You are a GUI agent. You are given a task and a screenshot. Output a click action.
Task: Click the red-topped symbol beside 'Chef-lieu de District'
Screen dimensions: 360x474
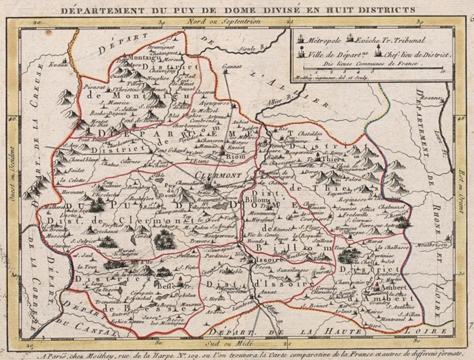[x=378, y=52]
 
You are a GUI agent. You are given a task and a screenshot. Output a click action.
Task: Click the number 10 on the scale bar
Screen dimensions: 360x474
[x=442, y=69]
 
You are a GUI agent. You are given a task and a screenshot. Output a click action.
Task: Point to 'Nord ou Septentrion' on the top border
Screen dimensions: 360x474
[x=224, y=22]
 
